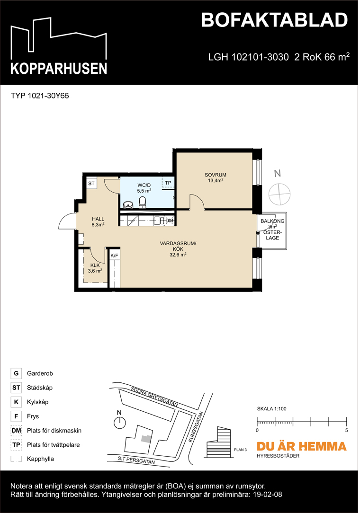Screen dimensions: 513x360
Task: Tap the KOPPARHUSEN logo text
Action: pyautogui.click(x=59, y=68)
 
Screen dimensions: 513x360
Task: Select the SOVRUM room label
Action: pyautogui.click(x=214, y=174)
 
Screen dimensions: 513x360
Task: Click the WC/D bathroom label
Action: pyautogui.click(x=144, y=185)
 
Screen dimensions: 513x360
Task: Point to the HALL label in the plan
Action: pyautogui.click(x=98, y=219)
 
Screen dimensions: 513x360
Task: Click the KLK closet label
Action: pyautogui.click(x=94, y=265)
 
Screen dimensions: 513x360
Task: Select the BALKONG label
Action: pyautogui.click(x=272, y=221)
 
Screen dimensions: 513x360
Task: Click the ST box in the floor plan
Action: pyautogui.click(x=91, y=183)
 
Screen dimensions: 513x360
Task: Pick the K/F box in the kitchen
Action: pyautogui.click(x=114, y=256)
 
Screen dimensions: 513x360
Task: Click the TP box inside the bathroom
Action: pyautogui.click(x=168, y=183)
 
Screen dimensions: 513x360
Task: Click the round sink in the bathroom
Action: pyautogui.click(x=127, y=204)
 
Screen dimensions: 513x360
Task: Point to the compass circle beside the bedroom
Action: pyautogui.click(x=278, y=193)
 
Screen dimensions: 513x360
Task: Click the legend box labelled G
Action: pyautogui.click(x=16, y=373)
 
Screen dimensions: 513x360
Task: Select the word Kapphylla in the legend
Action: pyautogui.click(x=40, y=459)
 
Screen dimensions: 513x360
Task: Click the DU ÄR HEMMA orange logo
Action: pyautogui.click(x=301, y=446)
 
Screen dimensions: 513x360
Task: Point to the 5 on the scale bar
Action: pyautogui.click(x=347, y=430)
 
